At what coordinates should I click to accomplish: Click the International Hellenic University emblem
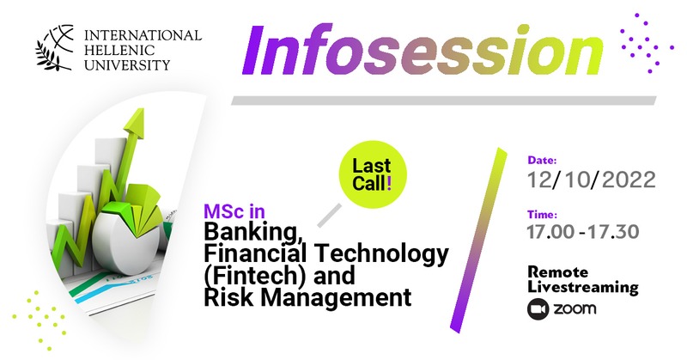point(55,47)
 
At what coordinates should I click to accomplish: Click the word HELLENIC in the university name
point(113,50)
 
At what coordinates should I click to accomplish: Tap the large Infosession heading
point(423,50)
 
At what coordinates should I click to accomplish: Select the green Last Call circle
point(372,174)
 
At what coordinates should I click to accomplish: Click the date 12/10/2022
point(592,180)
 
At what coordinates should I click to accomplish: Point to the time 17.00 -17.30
point(583,231)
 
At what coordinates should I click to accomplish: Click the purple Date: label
point(542,160)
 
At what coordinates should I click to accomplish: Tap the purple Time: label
point(543,215)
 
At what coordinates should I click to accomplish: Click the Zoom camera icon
point(538,309)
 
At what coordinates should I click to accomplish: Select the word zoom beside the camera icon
point(575,308)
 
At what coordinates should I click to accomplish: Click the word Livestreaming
point(583,288)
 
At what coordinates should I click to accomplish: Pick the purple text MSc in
point(234,212)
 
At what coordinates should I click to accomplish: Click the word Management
point(336,297)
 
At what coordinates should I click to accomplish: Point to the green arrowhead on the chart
point(135,122)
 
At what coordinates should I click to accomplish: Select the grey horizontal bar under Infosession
point(444,101)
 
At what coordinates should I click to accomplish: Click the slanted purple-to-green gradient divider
point(478,241)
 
